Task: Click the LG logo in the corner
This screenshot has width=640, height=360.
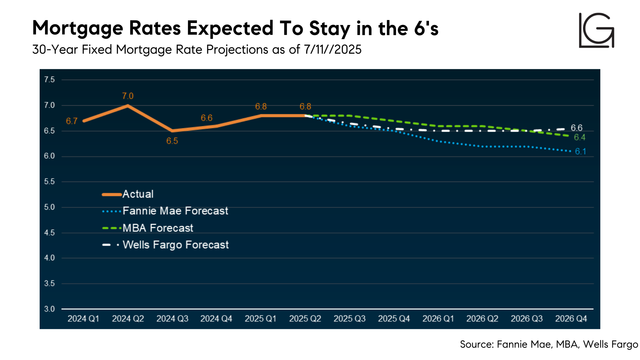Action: (x=596, y=30)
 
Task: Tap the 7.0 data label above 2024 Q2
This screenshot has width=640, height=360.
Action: (x=128, y=96)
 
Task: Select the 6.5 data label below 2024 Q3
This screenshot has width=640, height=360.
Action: (x=172, y=141)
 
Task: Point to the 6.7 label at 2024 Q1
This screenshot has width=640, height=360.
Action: (x=72, y=121)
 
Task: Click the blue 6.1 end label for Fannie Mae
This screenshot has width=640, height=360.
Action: (x=580, y=152)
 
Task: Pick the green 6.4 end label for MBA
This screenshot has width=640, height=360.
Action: (x=579, y=137)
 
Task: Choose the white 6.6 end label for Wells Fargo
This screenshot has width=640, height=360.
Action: (x=576, y=128)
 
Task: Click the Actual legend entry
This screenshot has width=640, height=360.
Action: (x=138, y=194)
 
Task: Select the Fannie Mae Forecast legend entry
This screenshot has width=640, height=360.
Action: (x=175, y=211)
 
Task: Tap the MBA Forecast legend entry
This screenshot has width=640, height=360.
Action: (x=158, y=228)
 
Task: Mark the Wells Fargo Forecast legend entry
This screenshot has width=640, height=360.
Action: (x=175, y=245)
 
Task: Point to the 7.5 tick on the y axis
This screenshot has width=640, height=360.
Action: (x=49, y=80)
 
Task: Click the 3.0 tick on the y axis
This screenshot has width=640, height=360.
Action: (x=49, y=309)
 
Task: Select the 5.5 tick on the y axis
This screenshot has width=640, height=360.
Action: (x=49, y=182)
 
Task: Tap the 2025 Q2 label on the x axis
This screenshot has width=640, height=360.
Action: (x=305, y=319)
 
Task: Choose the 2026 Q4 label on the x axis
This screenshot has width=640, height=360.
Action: (x=571, y=319)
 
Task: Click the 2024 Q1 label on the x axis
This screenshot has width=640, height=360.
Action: (x=83, y=319)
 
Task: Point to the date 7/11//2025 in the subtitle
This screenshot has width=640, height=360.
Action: (x=332, y=50)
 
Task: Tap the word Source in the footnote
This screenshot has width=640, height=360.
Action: (x=476, y=344)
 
